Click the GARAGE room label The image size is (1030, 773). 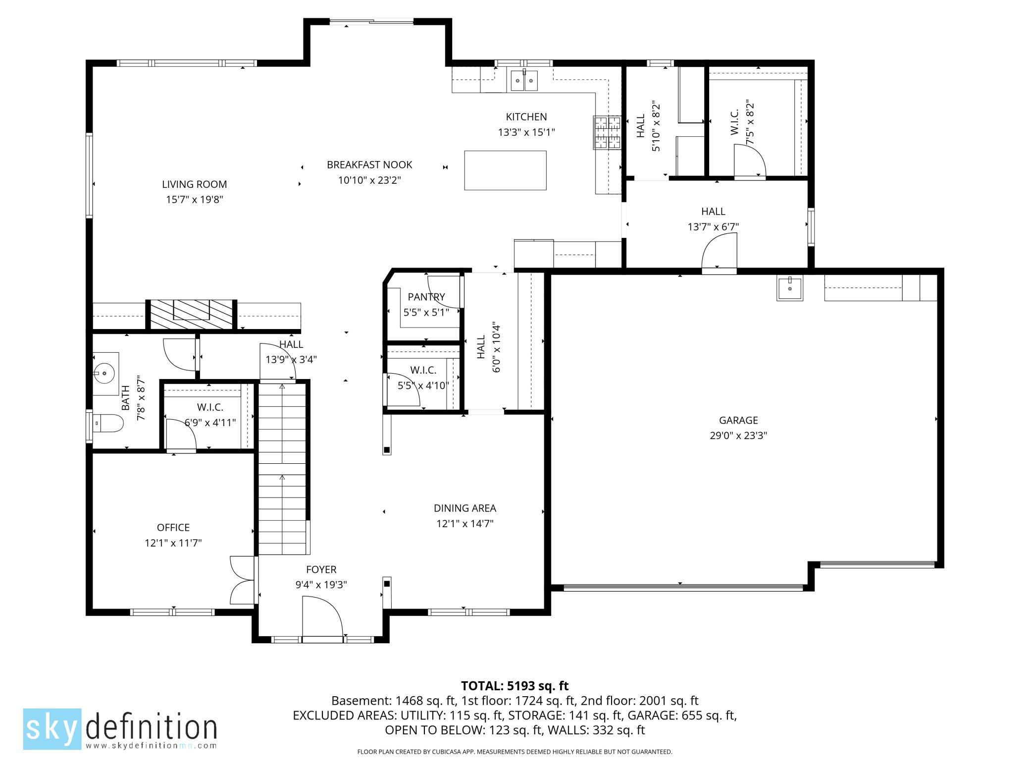point(738,420)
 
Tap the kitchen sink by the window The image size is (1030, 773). point(524,81)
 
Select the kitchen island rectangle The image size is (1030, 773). point(505,170)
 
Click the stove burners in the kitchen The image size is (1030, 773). point(607,132)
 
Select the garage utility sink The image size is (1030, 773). point(790,288)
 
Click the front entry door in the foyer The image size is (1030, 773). point(322,617)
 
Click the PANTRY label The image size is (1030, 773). point(426,297)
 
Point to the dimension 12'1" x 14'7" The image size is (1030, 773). point(464,524)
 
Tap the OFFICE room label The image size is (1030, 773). point(173,527)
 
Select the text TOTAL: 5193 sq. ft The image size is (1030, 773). point(515,686)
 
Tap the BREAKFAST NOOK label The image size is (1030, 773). point(369,165)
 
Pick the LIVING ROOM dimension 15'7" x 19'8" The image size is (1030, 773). point(195,200)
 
